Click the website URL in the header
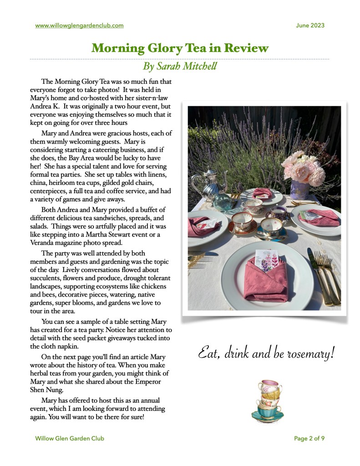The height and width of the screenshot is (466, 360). pos(79,26)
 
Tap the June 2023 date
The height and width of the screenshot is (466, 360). pos(310,26)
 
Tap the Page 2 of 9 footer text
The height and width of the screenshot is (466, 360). pos(309,439)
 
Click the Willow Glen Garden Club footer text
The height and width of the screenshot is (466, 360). pos(70,439)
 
